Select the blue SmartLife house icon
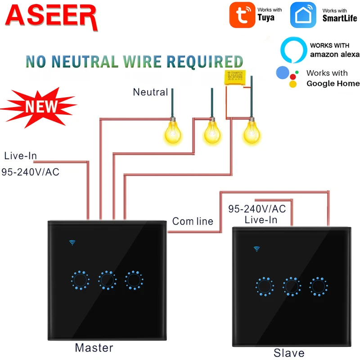303,15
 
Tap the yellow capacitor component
234,77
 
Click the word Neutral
150,92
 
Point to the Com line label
193,221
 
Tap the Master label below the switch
94,347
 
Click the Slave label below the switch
289,353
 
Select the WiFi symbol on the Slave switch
257,248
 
